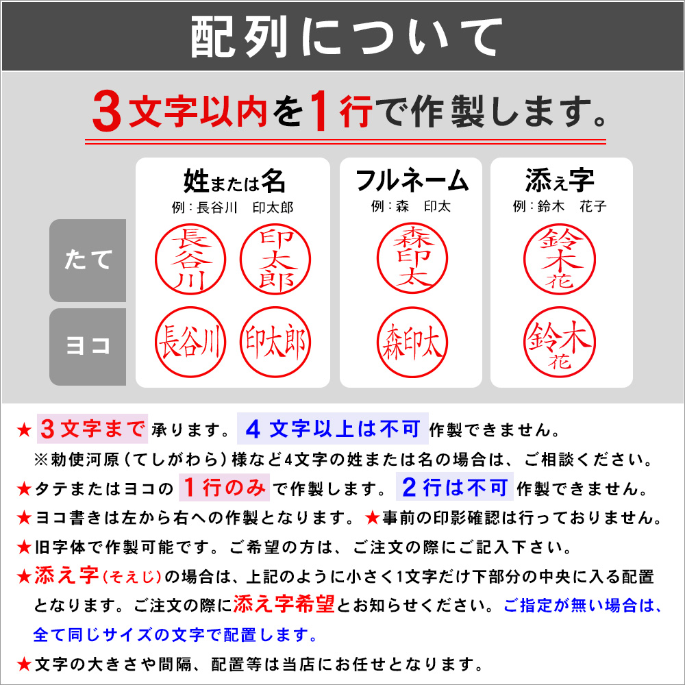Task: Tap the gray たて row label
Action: click(x=88, y=260)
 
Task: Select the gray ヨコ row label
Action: click(x=88, y=347)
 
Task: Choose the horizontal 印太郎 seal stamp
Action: click(x=276, y=341)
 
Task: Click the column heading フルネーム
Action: click(x=411, y=182)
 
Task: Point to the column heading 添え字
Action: click(x=560, y=182)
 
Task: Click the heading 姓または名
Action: click(x=234, y=182)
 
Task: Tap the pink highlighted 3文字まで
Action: click(x=92, y=429)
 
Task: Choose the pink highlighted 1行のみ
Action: click(x=225, y=488)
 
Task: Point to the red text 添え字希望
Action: click(x=284, y=604)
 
